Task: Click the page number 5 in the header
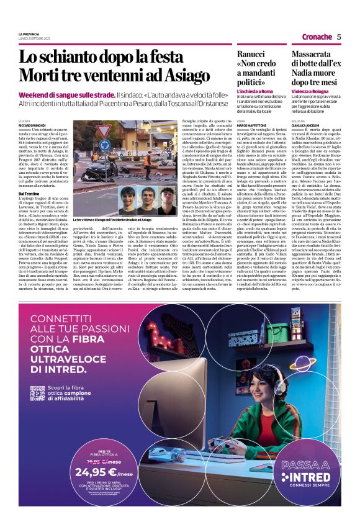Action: pos(339,37)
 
